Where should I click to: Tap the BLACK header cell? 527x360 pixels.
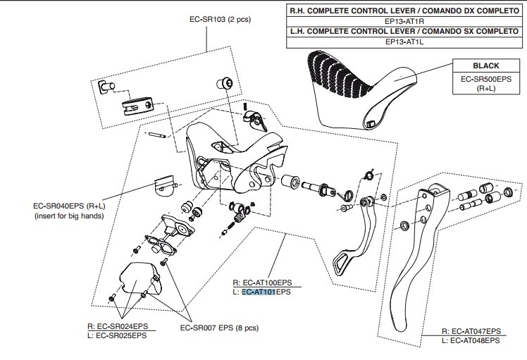click(x=485, y=66)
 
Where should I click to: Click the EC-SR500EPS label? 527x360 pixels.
click(x=485, y=80)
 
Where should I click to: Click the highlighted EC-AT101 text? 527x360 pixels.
click(x=258, y=291)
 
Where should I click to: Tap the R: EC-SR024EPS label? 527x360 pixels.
click(x=118, y=326)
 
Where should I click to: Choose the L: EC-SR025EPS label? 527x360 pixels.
click(x=118, y=335)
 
